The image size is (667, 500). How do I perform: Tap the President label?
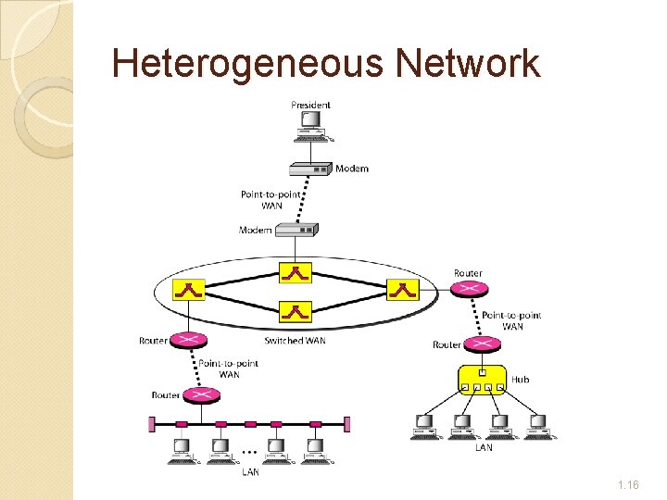(310, 106)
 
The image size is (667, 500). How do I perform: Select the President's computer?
(311, 128)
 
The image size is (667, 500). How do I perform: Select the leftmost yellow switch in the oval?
(189, 290)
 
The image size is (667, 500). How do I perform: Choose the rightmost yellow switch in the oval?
(402, 290)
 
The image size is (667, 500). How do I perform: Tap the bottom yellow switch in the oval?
(296, 311)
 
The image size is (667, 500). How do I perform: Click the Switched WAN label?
(296, 341)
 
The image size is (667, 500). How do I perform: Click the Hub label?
(521, 380)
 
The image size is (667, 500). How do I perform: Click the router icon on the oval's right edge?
(469, 289)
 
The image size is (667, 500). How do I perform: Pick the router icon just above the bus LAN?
(200, 395)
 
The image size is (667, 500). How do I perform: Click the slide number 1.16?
(627, 484)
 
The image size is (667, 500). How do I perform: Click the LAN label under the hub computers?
(484, 448)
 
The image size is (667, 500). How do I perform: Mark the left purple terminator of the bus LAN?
(152, 424)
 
